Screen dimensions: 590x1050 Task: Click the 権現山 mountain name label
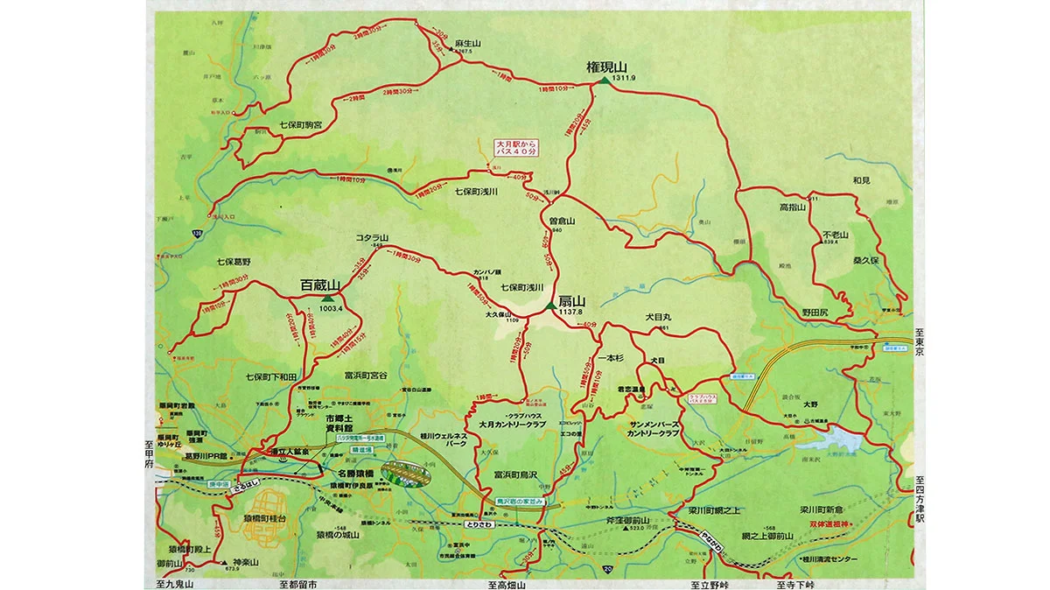pyautogui.click(x=608, y=67)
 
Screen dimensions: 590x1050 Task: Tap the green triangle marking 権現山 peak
pyautogui.click(x=604, y=81)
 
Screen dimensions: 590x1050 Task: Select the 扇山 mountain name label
pyautogui.click(x=571, y=300)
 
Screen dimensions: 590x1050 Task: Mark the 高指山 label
pyautogui.click(x=791, y=207)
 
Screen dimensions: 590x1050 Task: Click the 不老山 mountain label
pyautogui.click(x=836, y=235)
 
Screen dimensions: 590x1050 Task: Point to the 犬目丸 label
pyautogui.click(x=657, y=317)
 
